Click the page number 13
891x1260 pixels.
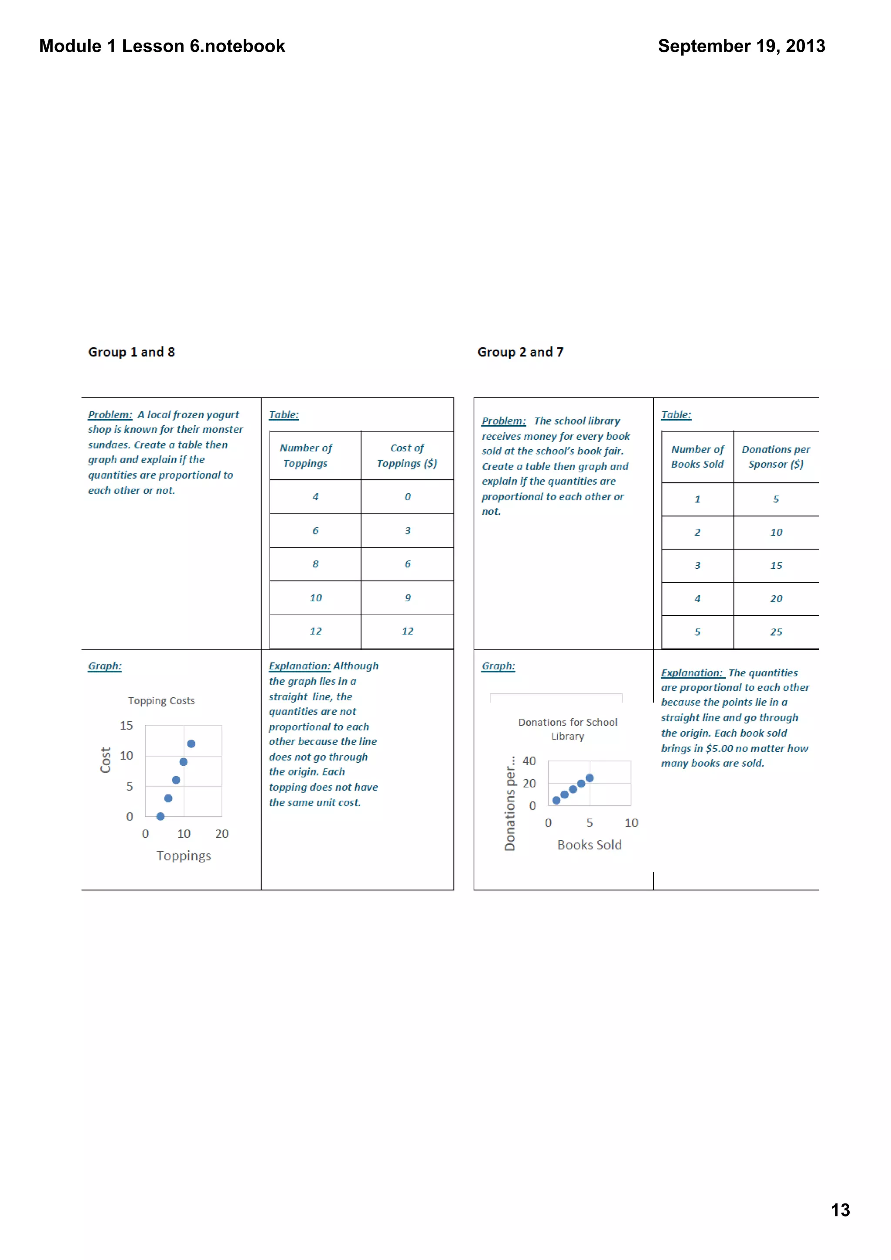pyautogui.click(x=840, y=1210)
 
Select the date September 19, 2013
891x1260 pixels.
pyautogui.click(x=741, y=46)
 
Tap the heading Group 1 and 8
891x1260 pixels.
pyautogui.click(x=132, y=352)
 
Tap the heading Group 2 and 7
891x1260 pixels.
pyautogui.click(x=520, y=352)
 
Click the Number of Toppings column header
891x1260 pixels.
pyautogui.click(x=306, y=456)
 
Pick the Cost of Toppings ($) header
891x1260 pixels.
pyautogui.click(x=407, y=456)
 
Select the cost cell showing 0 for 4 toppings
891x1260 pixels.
pyautogui.click(x=407, y=497)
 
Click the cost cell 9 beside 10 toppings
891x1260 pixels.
pyautogui.click(x=407, y=598)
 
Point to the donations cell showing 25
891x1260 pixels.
pyautogui.click(x=776, y=632)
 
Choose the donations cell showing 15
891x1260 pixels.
pyautogui.click(x=776, y=566)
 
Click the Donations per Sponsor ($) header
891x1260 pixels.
pyautogui.click(x=776, y=457)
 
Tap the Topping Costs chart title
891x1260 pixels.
pyautogui.click(x=161, y=701)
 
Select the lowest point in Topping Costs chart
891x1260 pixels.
pyautogui.click(x=160, y=817)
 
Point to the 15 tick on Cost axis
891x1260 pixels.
pyautogui.click(x=126, y=726)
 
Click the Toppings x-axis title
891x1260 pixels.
pyautogui.click(x=183, y=856)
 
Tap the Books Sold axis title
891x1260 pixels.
pyautogui.click(x=589, y=845)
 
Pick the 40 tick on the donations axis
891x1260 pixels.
pyautogui.click(x=529, y=761)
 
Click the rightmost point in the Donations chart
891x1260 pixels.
pyautogui.click(x=590, y=778)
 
